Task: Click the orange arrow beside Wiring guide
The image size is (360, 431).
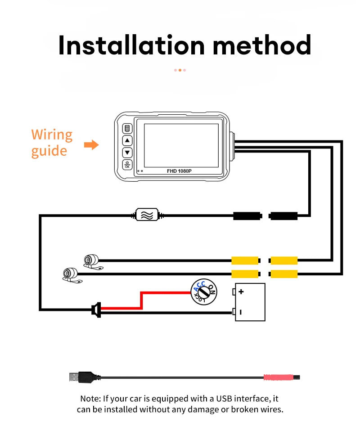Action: (91, 145)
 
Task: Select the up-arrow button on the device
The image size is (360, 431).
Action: (127, 141)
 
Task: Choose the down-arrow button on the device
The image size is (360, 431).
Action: (127, 153)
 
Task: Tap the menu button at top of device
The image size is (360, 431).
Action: (127, 129)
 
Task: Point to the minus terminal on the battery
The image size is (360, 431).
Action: (241, 312)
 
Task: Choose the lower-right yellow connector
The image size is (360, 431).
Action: (283, 274)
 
